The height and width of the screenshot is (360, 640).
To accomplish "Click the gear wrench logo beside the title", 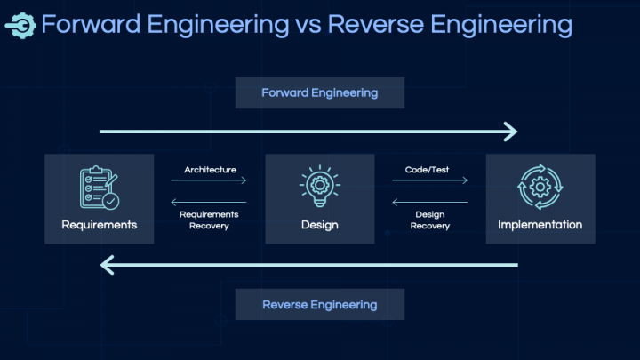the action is (20, 26).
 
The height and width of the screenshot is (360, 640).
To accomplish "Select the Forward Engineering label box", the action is (320, 93).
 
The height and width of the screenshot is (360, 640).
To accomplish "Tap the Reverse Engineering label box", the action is (320, 305).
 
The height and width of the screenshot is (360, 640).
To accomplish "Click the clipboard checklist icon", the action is (100, 188).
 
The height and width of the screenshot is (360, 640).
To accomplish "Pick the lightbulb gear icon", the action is (320, 186).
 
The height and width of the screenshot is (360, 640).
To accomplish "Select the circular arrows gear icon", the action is (540, 187).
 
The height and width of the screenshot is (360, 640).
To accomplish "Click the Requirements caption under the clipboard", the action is (100, 225).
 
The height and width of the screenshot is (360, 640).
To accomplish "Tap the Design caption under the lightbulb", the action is (320, 225).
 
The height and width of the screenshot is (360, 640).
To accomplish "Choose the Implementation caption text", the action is (540, 225).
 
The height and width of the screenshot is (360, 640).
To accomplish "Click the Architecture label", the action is (210, 170).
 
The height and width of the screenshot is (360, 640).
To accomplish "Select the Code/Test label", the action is (427, 170).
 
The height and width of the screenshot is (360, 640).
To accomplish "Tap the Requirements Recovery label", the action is (209, 220).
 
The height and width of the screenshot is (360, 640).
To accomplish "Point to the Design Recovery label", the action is (430, 220).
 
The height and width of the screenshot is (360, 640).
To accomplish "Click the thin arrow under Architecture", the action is (209, 180).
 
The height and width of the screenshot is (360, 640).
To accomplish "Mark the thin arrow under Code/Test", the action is (430, 180).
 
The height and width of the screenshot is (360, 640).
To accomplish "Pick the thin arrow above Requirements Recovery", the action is (209, 202).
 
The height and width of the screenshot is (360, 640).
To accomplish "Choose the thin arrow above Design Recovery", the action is (430, 202).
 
